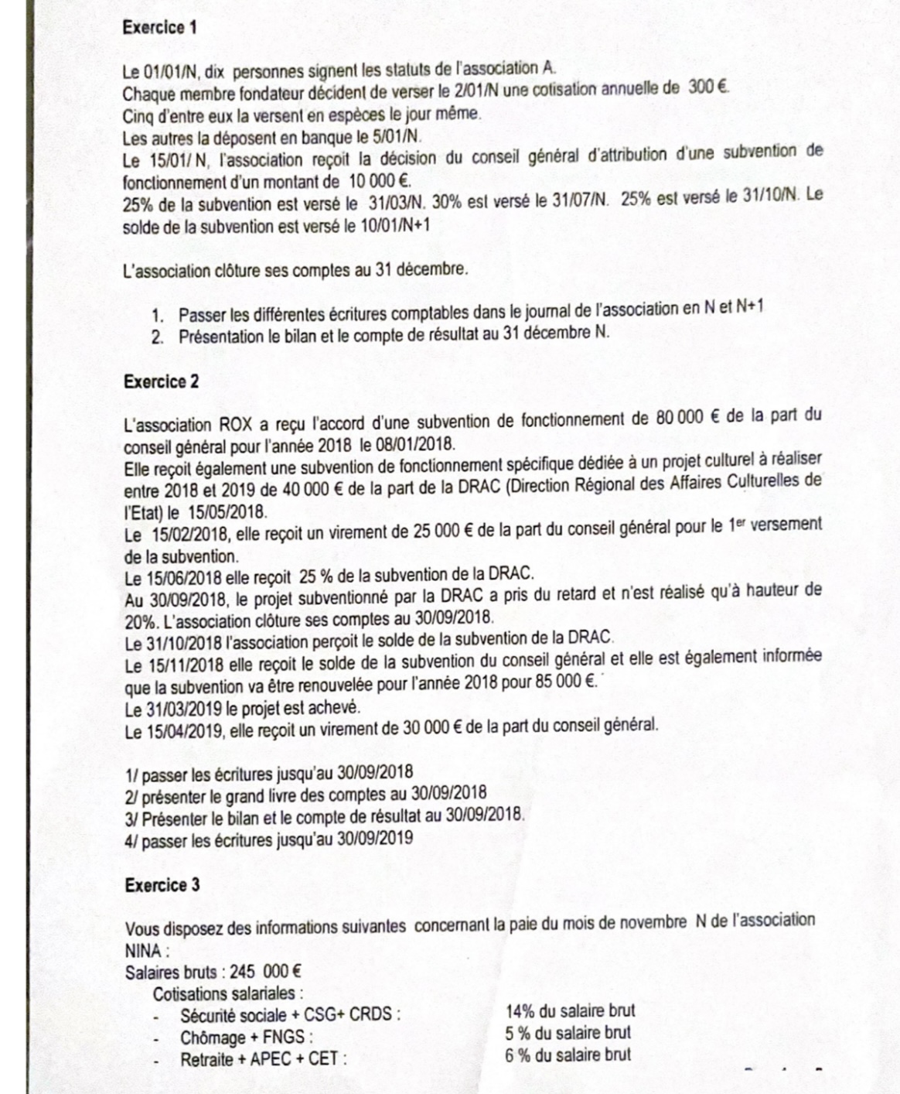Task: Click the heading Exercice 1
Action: [x=160, y=28]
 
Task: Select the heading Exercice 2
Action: [x=161, y=381]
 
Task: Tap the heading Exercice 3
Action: [x=162, y=885]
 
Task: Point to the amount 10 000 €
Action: [x=379, y=183]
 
